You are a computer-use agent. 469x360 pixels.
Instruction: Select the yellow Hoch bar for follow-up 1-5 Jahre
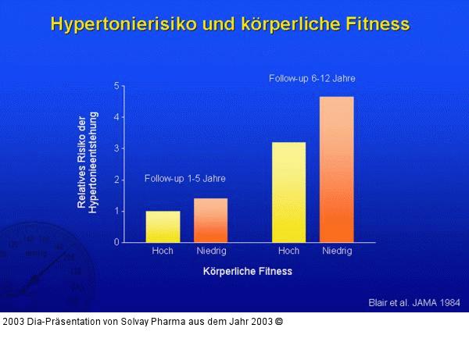pyautogui.click(x=163, y=226)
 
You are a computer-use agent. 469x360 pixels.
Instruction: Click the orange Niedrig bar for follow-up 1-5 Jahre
pyautogui.click(x=210, y=220)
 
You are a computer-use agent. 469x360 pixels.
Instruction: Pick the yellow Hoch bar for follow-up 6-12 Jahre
pyautogui.click(x=288, y=192)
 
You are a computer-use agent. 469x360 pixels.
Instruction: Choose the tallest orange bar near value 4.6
pyautogui.click(x=337, y=169)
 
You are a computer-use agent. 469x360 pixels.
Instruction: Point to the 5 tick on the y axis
pyautogui.click(x=116, y=85)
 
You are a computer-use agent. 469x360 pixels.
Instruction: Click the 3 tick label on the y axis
pyautogui.click(x=116, y=148)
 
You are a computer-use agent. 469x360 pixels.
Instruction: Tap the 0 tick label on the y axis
pyautogui.click(x=116, y=242)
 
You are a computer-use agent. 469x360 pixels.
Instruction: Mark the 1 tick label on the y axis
pyautogui.click(x=116, y=211)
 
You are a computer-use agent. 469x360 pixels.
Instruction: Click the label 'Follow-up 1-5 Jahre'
pyautogui.click(x=185, y=178)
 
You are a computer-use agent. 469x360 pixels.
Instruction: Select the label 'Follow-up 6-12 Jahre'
pyautogui.click(x=312, y=79)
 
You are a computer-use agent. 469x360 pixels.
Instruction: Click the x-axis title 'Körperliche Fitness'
pyautogui.click(x=247, y=272)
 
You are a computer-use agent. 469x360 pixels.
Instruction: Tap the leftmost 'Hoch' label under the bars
pyautogui.click(x=163, y=251)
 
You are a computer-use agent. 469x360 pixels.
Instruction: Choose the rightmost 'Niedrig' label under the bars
pyautogui.click(x=337, y=251)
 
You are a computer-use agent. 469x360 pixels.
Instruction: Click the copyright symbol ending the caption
pyautogui.click(x=278, y=321)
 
